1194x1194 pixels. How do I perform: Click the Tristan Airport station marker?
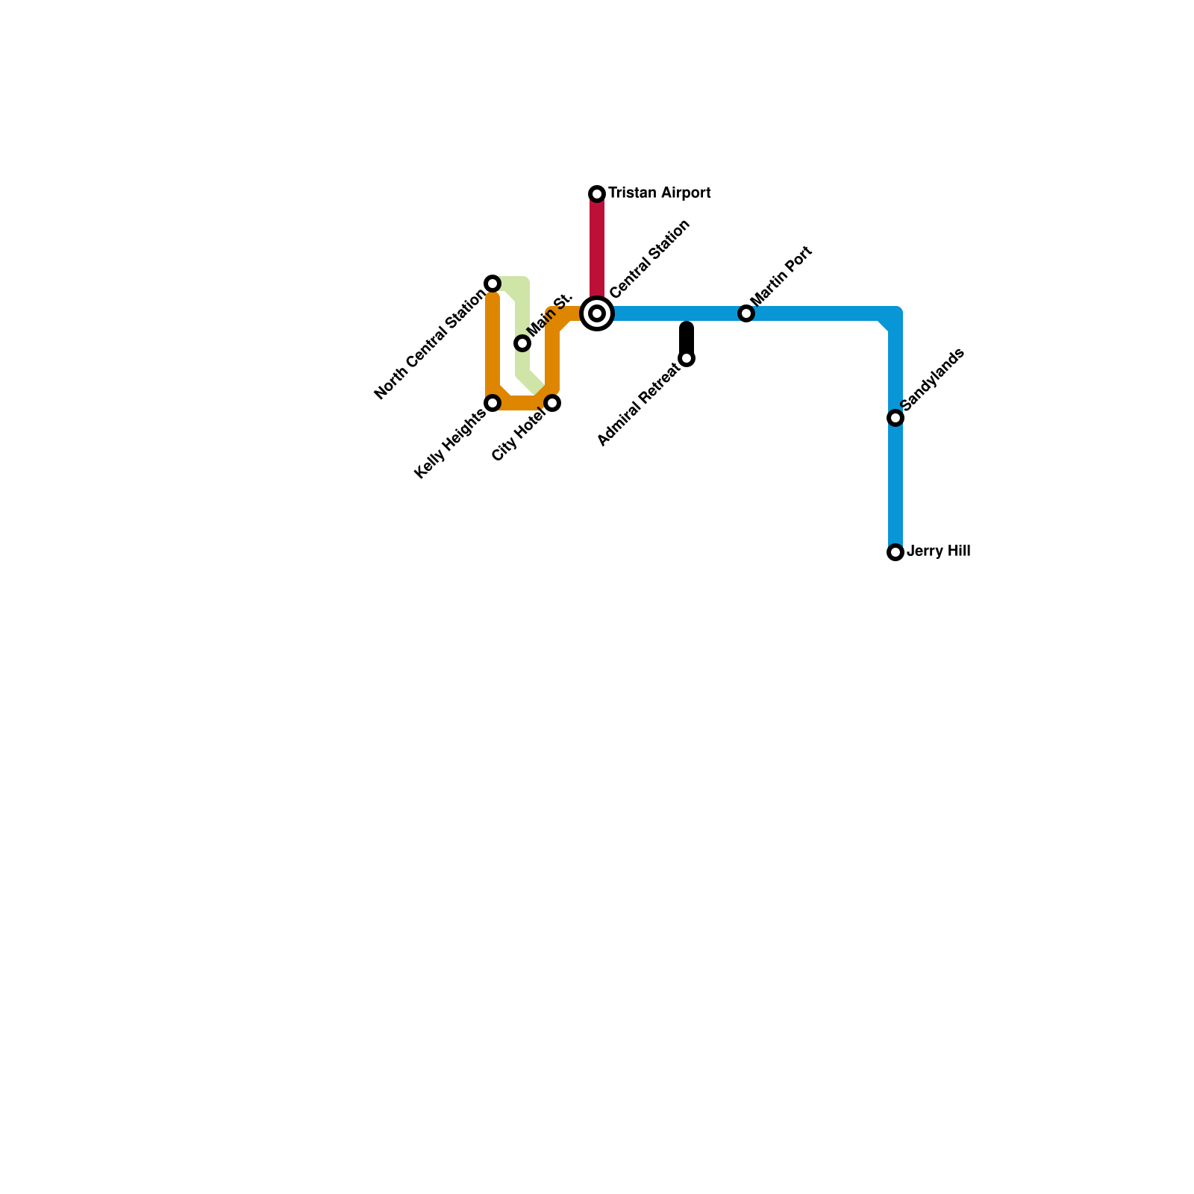point(597,194)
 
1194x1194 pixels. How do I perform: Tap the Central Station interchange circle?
point(597,313)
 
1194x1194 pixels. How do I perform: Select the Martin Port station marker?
point(746,313)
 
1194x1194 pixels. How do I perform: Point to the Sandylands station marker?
point(895,418)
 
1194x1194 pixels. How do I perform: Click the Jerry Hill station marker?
point(895,552)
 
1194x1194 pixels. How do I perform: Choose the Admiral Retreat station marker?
point(687,359)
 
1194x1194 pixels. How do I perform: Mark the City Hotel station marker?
point(552,403)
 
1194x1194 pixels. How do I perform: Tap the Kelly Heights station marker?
point(493,403)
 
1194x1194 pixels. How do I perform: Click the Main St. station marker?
point(522,343)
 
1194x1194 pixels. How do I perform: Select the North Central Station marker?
point(493,284)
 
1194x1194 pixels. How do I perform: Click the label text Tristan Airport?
point(659,193)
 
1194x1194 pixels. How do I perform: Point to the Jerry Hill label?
point(938,551)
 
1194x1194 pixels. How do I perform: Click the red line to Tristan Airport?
point(597,246)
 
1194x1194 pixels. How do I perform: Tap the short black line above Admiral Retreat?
point(687,337)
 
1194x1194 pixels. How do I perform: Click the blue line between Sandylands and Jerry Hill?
point(895,485)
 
